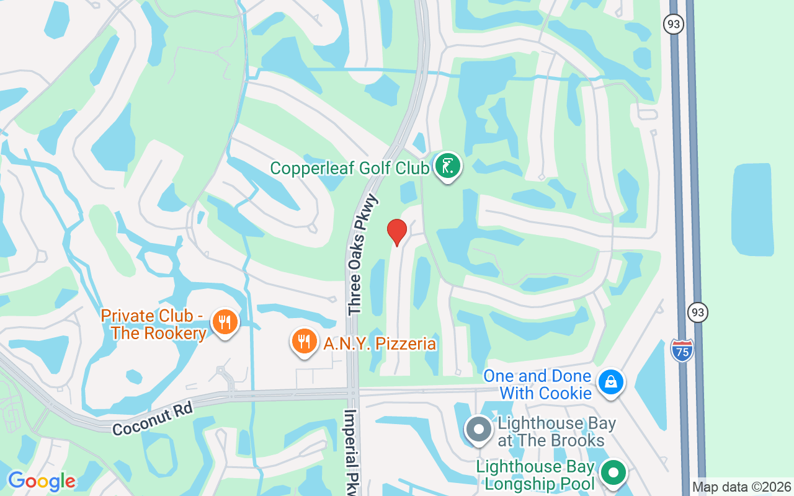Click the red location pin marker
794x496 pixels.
397,232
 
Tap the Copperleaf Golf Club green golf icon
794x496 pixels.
448,166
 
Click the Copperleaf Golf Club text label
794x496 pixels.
350,168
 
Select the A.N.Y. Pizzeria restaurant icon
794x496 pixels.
304,342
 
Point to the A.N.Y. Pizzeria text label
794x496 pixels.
380,343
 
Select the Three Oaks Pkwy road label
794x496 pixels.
363,255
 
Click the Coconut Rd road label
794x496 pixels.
153,418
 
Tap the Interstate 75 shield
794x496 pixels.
682,351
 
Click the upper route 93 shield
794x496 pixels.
673,24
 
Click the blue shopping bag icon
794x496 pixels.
611,383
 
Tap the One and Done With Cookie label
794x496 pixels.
537,384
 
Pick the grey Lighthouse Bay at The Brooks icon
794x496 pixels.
478,430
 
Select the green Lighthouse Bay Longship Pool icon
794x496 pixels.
613,473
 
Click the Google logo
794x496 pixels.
42,481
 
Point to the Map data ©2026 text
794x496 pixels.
741,487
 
